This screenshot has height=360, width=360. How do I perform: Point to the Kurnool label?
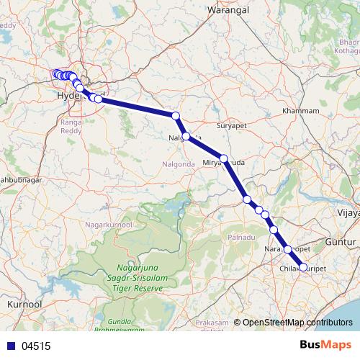(x=24, y=305)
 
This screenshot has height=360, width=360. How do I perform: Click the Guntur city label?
(x=341, y=242)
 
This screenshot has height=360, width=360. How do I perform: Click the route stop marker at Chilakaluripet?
(x=302, y=267)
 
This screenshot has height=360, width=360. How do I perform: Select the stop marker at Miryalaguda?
(x=224, y=158)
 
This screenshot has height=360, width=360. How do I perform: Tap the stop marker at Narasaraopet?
(x=288, y=249)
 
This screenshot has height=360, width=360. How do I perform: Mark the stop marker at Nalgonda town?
(x=186, y=136)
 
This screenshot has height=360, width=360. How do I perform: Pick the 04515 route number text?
(x=36, y=346)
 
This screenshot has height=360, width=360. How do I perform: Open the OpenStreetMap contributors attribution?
(x=297, y=323)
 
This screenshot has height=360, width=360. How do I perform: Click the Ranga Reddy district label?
(x=72, y=125)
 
